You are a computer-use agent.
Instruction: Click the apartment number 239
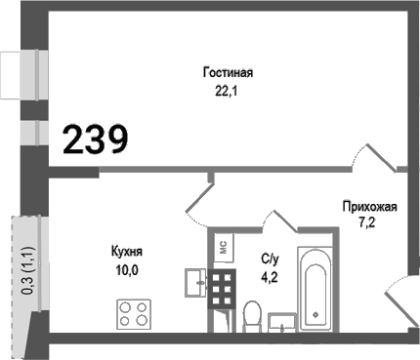(96, 140)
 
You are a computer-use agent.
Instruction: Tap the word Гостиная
(229, 73)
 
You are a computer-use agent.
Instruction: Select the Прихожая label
(368, 206)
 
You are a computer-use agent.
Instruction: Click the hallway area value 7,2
(368, 223)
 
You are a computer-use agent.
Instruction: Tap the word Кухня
(127, 251)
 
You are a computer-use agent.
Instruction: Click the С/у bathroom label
(271, 259)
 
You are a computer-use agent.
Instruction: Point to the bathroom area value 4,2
(269, 276)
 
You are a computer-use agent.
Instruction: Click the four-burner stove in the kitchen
(135, 314)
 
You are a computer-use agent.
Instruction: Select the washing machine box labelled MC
(222, 247)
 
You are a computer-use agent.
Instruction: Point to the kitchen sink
(191, 282)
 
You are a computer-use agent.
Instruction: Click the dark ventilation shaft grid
(222, 290)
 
